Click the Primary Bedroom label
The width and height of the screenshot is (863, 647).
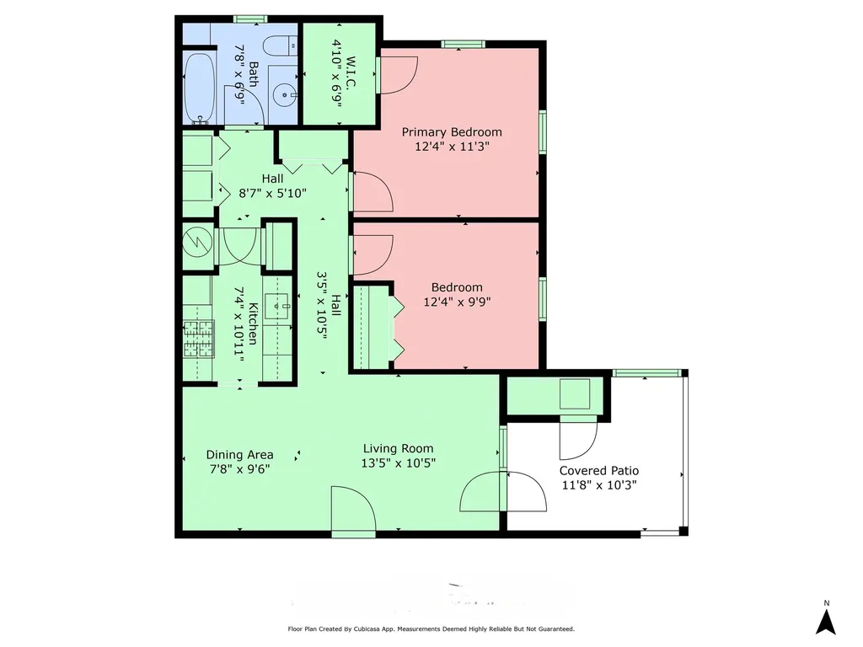452,132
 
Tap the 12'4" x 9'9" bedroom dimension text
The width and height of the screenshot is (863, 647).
457,302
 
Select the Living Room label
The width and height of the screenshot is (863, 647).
398,448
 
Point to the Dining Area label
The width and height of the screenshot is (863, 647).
239,455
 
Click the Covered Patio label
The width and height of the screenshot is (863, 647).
599,471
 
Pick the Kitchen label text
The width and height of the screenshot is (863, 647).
253,323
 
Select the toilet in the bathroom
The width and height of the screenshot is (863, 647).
280,45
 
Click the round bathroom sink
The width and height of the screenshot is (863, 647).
285,95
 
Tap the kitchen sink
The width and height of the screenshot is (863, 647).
276,307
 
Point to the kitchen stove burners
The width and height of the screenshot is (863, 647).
198,339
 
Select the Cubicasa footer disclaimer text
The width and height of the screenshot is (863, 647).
431,628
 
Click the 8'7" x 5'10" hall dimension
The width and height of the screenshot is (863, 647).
272,193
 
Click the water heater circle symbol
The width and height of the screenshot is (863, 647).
197,242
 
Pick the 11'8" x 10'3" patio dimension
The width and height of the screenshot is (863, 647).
599,485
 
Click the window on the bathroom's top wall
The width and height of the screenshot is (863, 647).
250,19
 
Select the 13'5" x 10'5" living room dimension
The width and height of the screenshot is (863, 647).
398,463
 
